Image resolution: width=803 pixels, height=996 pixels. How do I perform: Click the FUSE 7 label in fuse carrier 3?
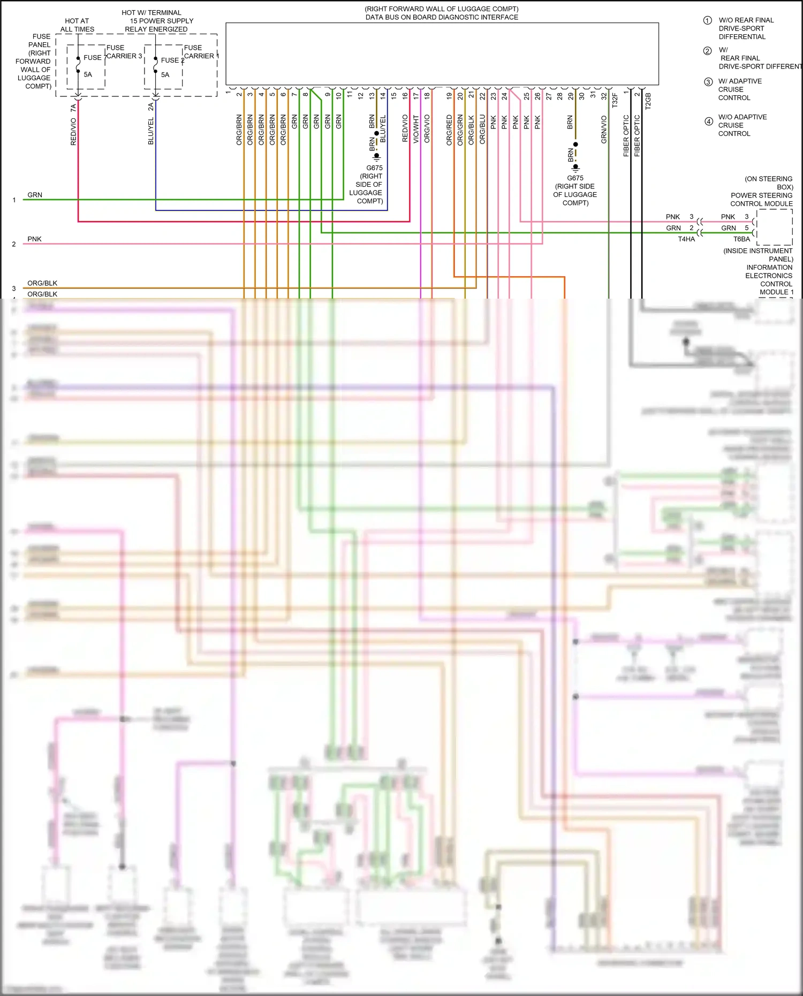click(x=94, y=57)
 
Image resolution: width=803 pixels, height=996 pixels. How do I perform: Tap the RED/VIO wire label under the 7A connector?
click(x=73, y=132)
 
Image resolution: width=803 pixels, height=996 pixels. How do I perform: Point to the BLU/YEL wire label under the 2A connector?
click(x=151, y=131)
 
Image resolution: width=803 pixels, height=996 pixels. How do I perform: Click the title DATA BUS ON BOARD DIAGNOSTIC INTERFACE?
click(x=442, y=17)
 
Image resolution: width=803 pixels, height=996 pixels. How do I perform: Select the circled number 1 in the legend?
click(x=707, y=20)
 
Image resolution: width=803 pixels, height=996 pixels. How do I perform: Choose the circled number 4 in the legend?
click(x=708, y=121)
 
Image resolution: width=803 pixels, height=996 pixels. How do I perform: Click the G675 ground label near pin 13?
click(x=374, y=168)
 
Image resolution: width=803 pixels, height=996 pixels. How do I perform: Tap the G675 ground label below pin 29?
click(x=575, y=178)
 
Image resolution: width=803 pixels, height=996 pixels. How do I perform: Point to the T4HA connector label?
click(x=686, y=239)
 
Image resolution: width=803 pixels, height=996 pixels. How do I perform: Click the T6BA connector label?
click(x=741, y=239)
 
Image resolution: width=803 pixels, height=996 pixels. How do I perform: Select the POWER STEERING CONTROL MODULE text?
click(x=761, y=200)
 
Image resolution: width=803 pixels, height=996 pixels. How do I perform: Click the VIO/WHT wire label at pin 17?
click(x=416, y=129)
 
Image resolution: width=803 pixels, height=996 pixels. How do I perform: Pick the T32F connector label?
click(x=615, y=101)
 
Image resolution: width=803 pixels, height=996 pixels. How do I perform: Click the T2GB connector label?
click(x=648, y=101)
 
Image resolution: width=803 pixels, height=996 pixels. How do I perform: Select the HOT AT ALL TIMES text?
click(x=77, y=25)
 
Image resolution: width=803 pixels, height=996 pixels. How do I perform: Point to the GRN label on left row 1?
click(x=35, y=195)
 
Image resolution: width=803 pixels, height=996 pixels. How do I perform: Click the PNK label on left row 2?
click(x=34, y=239)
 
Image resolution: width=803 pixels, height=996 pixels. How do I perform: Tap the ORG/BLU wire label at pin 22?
click(x=482, y=129)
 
